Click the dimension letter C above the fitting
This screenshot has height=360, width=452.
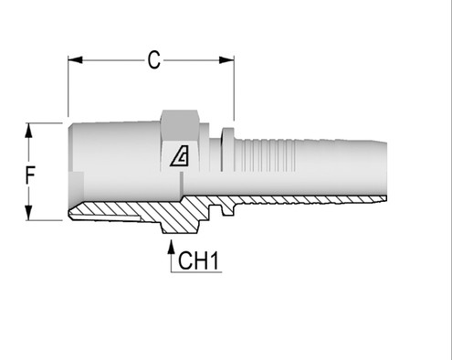pyautogui.click(x=154, y=60)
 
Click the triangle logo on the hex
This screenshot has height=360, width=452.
pyautogui.click(x=181, y=157)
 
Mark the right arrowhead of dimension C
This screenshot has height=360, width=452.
pyautogui.click(x=227, y=61)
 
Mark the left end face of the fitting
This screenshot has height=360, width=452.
pyautogui.click(x=68, y=169)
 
